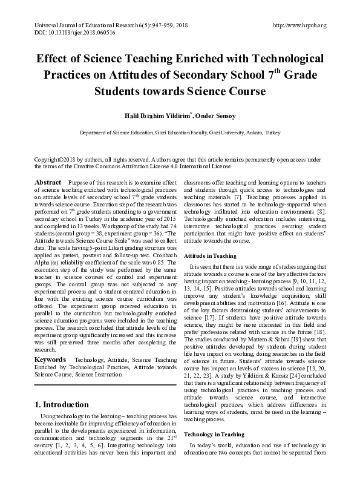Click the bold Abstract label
(48, 182)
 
